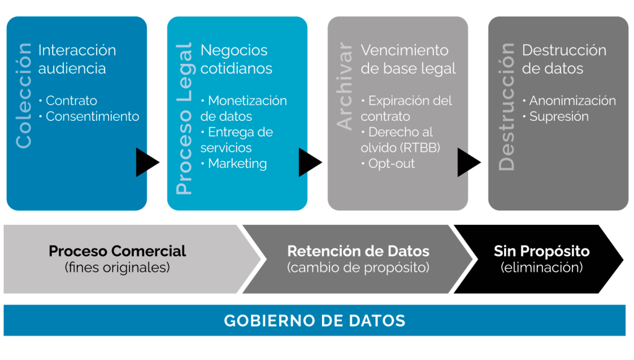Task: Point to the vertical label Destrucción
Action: click(x=506, y=106)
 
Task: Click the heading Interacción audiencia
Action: click(x=77, y=59)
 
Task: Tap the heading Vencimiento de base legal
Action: click(x=408, y=59)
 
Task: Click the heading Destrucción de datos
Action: click(x=563, y=59)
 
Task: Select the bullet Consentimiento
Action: click(x=92, y=116)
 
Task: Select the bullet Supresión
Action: click(x=558, y=116)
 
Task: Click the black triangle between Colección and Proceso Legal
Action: click(x=146, y=162)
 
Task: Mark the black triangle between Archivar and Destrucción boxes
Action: click(x=468, y=162)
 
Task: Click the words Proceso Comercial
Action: click(x=117, y=251)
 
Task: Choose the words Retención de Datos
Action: click(x=358, y=251)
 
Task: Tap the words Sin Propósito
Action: click(x=541, y=251)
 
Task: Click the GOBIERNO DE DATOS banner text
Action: click(x=315, y=321)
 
